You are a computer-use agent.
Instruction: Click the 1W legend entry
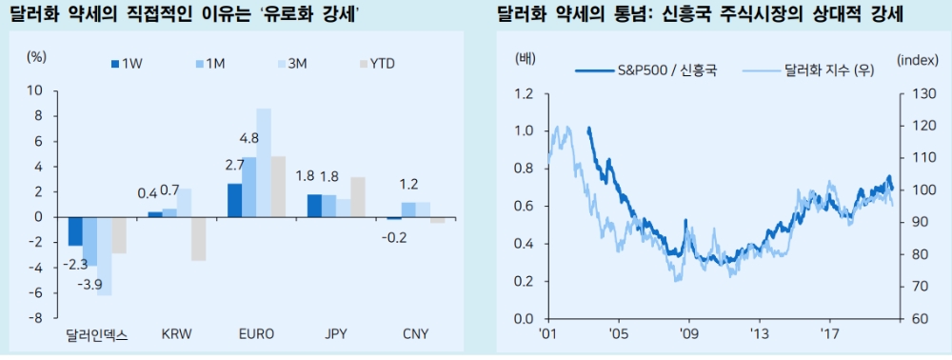tap(130, 64)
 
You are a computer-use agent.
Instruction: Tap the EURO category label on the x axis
tap(256, 334)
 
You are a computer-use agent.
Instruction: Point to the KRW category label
tap(177, 334)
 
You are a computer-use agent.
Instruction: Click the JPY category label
tap(336, 334)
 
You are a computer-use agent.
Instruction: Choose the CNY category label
tap(415, 334)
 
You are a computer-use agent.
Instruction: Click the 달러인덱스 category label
tap(97, 334)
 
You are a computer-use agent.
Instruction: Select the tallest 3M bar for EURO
tap(264, 162)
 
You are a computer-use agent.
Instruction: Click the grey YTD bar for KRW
tap(198, 238)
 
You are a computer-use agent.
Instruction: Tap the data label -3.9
tap(90, 286)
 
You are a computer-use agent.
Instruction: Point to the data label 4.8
tap(248, 137)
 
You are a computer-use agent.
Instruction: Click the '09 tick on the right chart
tap(688, 334)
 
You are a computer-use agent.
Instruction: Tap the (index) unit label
tap(918, 59)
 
